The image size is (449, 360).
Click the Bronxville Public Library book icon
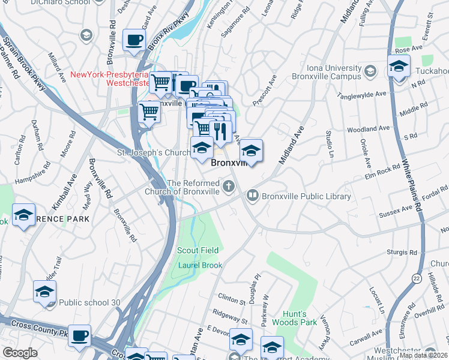point(253,196)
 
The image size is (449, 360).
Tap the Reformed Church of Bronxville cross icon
point(228,187)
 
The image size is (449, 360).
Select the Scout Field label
point(198,250)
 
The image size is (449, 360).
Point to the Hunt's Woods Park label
point(300,318)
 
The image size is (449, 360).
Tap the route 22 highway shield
point(417,278)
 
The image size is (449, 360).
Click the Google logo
point(20,353)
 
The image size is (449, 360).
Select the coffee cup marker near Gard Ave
point(134,40)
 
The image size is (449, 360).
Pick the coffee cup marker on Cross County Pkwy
point(79,335)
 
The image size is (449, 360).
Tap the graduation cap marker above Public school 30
point(44,292)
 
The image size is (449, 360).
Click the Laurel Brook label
point(200,265)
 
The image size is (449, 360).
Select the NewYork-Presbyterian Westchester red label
point(109,79)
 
